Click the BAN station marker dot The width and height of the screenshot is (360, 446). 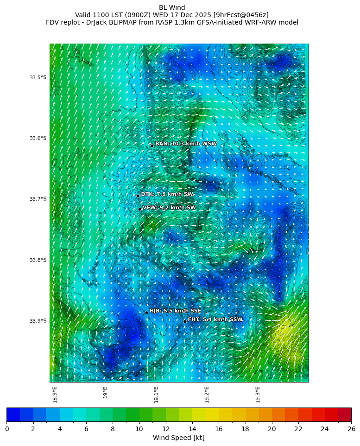[152, 146]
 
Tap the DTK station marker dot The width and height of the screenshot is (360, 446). [138, 196]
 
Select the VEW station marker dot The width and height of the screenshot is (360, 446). [139, 209]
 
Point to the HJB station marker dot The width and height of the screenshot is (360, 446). [146, 312]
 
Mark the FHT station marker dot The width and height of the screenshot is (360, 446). [185, 321]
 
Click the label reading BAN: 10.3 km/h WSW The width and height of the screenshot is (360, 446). [186, 144]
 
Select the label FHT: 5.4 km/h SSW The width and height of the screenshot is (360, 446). [215, 319]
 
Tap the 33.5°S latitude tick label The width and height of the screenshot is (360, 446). [38, 77]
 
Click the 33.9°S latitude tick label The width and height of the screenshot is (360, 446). [38, 321]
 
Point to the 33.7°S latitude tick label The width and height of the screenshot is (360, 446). [38, 199]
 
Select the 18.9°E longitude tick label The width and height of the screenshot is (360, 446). [55, 395]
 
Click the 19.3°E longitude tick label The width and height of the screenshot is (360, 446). [258, 395]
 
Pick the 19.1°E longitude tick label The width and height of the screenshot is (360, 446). [156, 395]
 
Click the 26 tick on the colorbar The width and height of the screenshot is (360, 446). [351, 429]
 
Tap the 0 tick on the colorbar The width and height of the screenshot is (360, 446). [7, 429]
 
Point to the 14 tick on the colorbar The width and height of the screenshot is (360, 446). [192, 429]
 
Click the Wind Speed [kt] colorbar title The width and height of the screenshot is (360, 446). [179, 438]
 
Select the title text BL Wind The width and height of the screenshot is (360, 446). [172, 7]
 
